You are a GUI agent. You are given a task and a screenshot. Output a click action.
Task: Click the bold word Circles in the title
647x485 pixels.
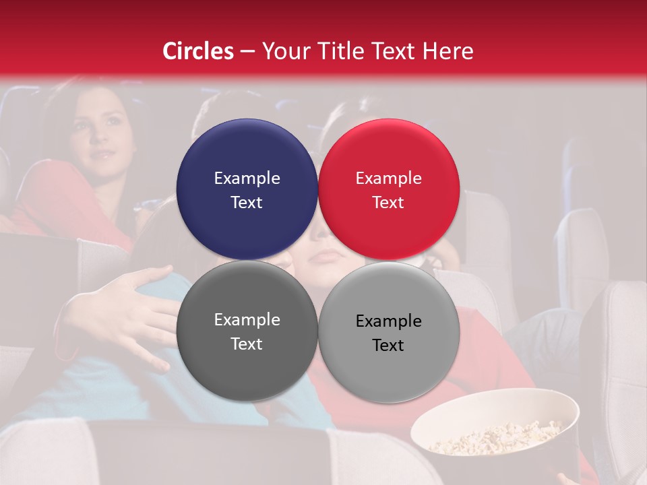pos(198,51)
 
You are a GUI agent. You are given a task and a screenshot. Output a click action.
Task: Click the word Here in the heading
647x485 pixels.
pos(449,51)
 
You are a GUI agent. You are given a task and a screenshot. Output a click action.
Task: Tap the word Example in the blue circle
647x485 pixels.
pos(247,178)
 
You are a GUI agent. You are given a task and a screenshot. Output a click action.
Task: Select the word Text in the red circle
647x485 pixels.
pos(388,202)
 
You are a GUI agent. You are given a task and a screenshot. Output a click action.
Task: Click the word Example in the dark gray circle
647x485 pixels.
pos(247,319)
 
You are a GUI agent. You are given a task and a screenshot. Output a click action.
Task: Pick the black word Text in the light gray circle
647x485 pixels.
pos(388,345)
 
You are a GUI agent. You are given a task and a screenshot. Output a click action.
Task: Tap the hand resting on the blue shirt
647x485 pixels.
pos(135,310)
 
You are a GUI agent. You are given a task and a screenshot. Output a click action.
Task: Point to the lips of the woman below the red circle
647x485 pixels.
pos(327,257)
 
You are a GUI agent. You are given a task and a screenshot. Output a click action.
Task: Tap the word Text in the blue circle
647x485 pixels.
pos(247,202)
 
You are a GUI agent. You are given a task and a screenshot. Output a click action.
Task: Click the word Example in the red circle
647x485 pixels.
pos(388,178)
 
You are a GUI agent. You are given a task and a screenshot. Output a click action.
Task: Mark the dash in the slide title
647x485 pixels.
pos(247,52)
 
